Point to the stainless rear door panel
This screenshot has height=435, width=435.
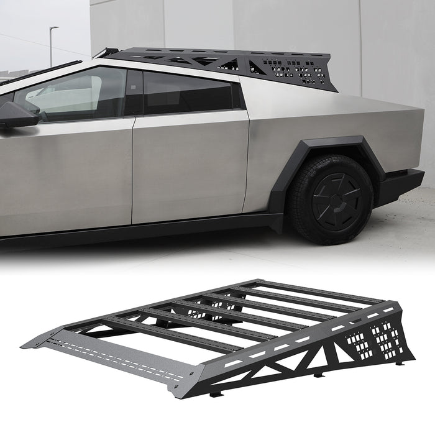pos(190,165)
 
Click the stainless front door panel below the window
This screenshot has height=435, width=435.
pos(68,174)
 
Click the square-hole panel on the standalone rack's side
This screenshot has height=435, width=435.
pos(373,339)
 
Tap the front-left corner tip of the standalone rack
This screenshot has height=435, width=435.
pos(25,346)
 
